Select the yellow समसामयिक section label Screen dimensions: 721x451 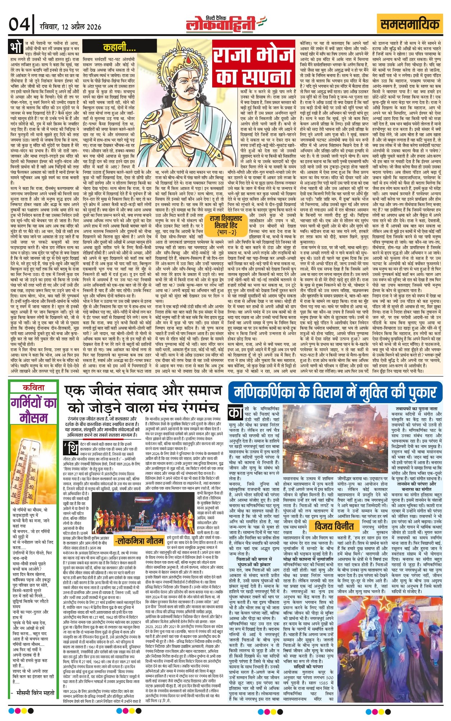[410, 24]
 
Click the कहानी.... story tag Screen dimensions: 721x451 [115, 47]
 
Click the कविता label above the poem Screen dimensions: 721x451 [33, 388]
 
